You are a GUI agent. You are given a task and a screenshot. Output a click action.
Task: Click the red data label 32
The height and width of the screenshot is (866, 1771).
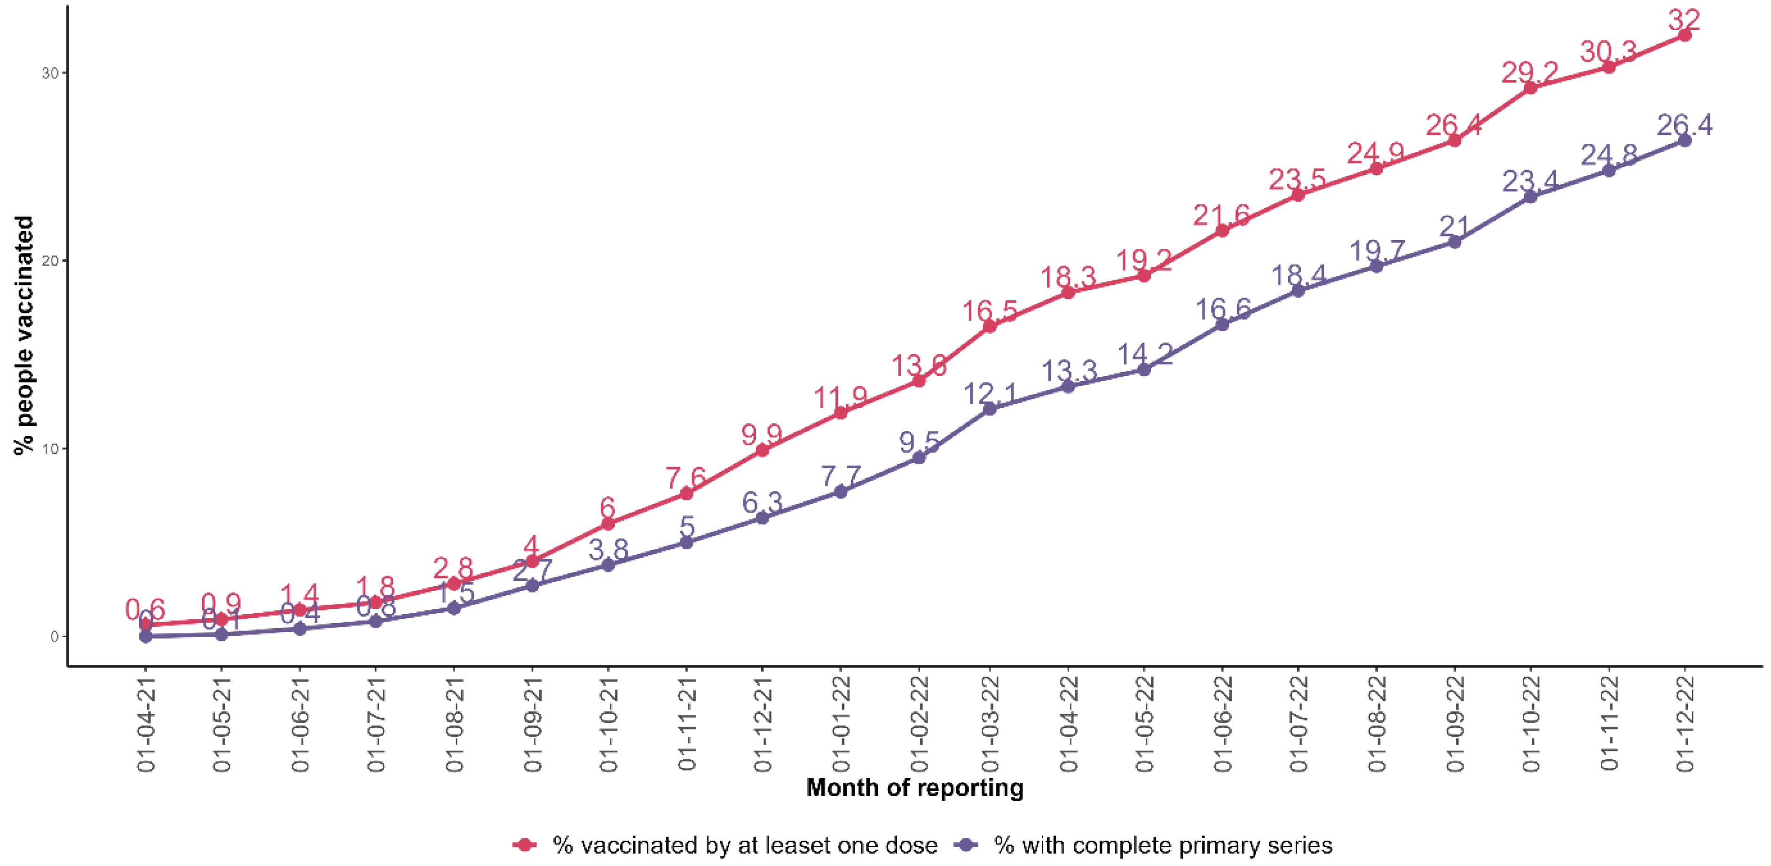click(1684, 19)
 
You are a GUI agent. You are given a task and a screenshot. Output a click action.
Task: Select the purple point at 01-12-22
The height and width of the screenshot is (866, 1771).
click(1684, 140)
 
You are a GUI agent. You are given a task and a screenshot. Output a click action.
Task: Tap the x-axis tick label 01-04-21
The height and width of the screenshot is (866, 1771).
click(146, 724)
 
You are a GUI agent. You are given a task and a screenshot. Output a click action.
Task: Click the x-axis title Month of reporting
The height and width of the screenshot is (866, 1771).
click(914, 787)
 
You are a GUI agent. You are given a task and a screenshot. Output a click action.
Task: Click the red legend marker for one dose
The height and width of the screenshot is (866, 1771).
click(525, 845)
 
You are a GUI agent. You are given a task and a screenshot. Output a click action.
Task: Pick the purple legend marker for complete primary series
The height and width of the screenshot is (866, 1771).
click(967, 845)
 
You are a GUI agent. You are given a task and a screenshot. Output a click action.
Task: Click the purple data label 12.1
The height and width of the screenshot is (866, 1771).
click(989, 394)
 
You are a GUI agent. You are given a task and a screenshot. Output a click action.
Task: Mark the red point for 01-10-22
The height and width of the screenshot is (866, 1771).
click(1530, 87)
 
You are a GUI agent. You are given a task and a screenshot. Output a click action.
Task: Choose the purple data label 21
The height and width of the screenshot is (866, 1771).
click(1454, 226)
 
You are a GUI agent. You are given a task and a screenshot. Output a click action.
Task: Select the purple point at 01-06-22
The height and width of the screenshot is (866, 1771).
click(1222, 324)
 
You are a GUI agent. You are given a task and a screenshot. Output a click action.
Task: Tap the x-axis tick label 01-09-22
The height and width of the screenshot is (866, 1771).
click(1455, 724)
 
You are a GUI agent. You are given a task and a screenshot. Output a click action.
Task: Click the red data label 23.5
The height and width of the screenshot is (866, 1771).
click(1297, 179)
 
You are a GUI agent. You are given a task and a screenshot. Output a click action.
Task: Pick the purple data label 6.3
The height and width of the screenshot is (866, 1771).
click(762, 502)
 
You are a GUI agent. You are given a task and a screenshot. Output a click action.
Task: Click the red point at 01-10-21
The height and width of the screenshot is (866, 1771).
click(608, 524)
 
